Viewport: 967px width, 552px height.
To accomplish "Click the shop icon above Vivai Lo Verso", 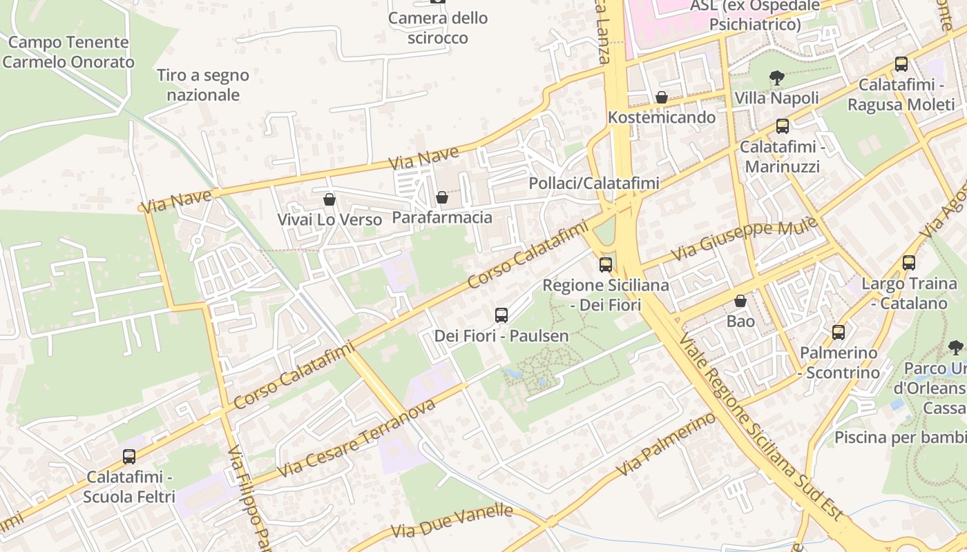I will (x=329, y=199).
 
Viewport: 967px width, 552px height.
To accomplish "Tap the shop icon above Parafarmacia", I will (x=442, y=198).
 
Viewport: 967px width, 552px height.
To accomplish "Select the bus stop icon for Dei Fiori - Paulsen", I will (x=501, y=315).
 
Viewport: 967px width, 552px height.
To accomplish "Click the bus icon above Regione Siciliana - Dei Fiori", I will (x=606, y=264).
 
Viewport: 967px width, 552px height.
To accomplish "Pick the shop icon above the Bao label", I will (x=740, y=301).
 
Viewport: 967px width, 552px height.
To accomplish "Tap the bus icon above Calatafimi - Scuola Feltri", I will (x=129, y=456).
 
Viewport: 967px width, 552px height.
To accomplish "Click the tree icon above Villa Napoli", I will (x=777, y=77).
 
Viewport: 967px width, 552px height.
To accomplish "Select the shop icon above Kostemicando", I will (x=662, y=97).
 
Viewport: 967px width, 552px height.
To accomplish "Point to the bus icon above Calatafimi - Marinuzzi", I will (x=783, y=126).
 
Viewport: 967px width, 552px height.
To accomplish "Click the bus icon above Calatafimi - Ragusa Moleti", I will (x=901, y=64).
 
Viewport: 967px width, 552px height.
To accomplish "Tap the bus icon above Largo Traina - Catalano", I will (x=909, y=263).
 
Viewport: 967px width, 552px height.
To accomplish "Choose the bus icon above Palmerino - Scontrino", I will (x=839, y=333).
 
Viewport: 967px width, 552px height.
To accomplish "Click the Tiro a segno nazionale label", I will (x=203, y=85).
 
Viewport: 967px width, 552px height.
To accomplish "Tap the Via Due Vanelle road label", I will (x=452, y=521).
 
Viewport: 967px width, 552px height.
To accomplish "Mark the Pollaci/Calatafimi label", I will (x=594, y=183).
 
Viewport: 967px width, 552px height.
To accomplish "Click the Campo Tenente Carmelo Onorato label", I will (x=68, y=52).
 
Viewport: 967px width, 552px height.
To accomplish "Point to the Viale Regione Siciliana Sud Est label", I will (x=760, y=428).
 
